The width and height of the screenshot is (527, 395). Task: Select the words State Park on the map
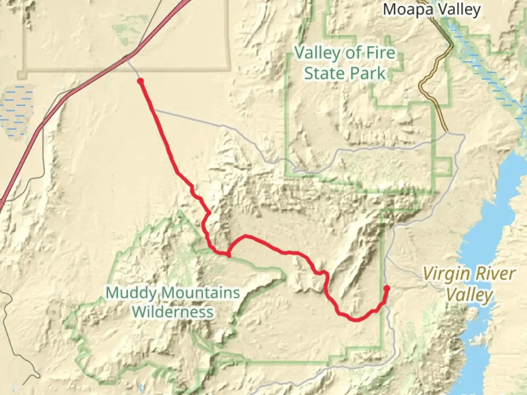345,73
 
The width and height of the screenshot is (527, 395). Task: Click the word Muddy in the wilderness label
132,293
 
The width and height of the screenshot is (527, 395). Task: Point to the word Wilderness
172,312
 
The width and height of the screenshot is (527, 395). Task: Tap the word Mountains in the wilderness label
201,293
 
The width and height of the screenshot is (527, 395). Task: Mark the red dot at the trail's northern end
140,81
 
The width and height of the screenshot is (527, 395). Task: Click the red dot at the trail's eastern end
386,288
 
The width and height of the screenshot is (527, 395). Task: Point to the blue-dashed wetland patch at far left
16,110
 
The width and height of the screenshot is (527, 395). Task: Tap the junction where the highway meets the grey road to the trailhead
127,58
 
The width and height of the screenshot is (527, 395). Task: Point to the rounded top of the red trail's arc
246,236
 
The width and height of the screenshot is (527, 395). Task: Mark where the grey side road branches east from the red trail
154,110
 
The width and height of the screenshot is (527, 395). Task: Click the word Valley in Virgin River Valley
469,295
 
